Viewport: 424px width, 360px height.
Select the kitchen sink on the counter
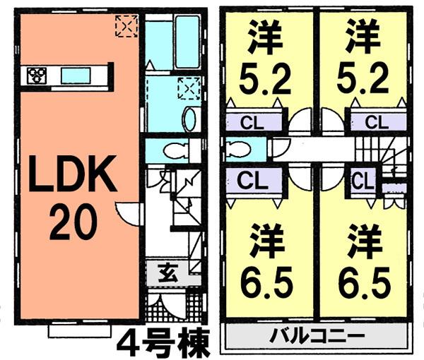[74, 75]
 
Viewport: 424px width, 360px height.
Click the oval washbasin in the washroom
[189, 119]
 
